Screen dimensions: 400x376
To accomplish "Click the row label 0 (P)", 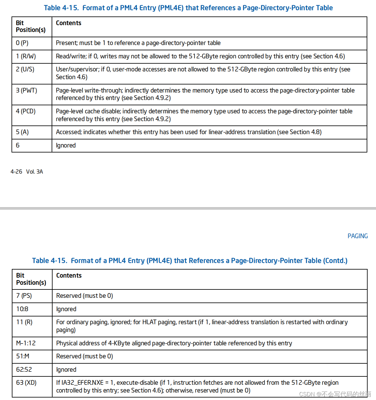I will tap(22, 43).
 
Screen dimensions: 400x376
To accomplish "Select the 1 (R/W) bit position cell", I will tap(26, 56).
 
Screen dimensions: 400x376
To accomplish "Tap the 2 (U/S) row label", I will tap(25, 69).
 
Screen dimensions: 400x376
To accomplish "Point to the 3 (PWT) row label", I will tap(26, 90).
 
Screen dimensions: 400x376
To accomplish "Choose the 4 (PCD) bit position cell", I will tap(26, 111).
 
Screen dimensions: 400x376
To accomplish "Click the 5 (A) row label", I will tap(22, 132).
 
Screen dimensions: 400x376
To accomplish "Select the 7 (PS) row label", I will tap(24, 296).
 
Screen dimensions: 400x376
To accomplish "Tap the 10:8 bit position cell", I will tap(22, 309).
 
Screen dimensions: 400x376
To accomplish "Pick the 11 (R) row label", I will tap(24, 322).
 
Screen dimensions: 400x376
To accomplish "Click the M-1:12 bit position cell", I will tap(26, 343).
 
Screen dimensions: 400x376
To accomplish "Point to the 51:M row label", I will tap(23, 356).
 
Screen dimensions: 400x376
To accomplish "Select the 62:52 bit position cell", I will tap(24, 370).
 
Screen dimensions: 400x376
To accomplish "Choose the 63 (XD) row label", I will tap(26, 383).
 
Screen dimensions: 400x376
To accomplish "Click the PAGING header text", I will tap(357, 236).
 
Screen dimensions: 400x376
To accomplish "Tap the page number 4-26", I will tap(16, 172).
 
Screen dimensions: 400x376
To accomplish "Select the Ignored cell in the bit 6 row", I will tap(66, 145).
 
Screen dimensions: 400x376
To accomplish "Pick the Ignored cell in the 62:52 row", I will tap(66, 370).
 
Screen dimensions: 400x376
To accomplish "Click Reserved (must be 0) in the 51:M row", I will tap(84, 356).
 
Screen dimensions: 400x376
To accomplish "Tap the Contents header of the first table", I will tap(68, 23).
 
